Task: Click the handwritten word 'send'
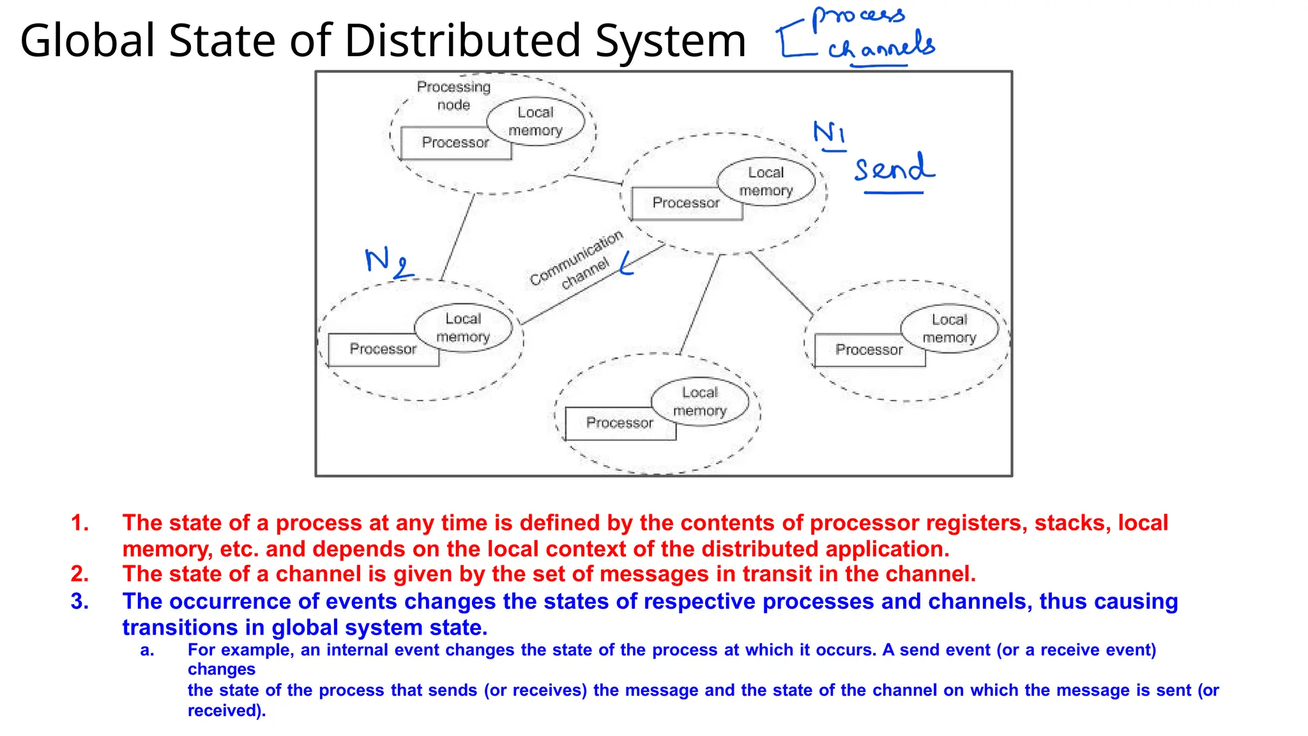pyautogui.click(x=894, y=169)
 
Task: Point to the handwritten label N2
pyautogui.click(x=388, y=262)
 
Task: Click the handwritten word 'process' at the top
pyautogui.click(x=858, y=17)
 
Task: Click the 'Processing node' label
pyautogui.click(x=453, y=95)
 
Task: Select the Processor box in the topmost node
pyautogui.click(x=455, y=143)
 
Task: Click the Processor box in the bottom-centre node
pyautogui.click(x=620, y=423)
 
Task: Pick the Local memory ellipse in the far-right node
pyautogui.click(x=949, y=328)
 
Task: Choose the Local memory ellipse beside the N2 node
pyautogui.click(x=463, y=328)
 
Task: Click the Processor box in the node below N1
pyautogui.click(x=686, y=203)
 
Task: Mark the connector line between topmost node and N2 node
pyautogui.click(x=457, y=237)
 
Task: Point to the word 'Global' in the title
pyautogui.click(x=88, y=41)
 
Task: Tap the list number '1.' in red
pyautogui.click(x=80, y=523)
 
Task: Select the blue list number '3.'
pyautogui.click(x=80, y=602)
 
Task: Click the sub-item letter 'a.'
pyautogui.click(x=148, y=650)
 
